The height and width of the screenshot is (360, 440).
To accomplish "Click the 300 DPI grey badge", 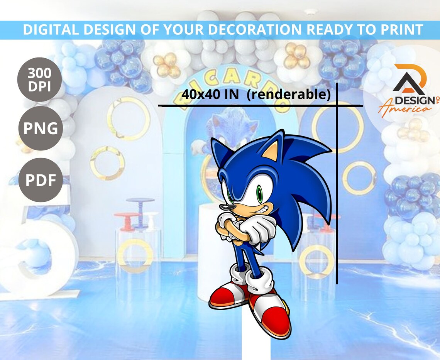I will click(39, 79).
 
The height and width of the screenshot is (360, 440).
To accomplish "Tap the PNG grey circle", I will click(40, 128).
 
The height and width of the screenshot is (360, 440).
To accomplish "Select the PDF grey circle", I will click(40, 180).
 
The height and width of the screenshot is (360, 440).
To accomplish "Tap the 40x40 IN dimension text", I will click(210, 95).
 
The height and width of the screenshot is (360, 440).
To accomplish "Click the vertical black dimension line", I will click(337, 193).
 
